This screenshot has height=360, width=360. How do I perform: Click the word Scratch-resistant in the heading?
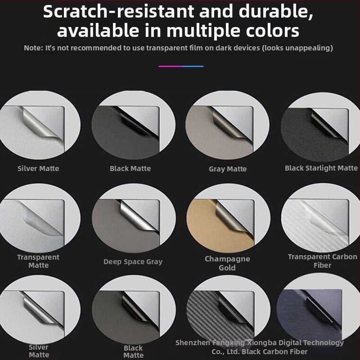click(x=118, y=12)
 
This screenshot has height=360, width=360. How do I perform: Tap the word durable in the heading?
click(x=276, y=12)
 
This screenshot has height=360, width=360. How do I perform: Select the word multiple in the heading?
click(x=204, y=31)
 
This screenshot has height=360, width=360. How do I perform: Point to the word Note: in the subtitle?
click(x=33, y=48)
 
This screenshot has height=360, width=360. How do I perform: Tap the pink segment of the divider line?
click(x=170, y=66)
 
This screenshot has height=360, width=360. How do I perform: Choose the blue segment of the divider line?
click(x=193, y=66)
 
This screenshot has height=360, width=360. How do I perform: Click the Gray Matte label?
click(x=228, y=169)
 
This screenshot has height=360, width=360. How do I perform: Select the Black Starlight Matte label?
click(x=321, y=168)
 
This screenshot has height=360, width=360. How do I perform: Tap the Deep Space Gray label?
click(x=133, y=262)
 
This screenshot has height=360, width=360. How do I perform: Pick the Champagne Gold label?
click(x=227, y=263)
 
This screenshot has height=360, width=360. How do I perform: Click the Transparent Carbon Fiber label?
click(x=322, y=261)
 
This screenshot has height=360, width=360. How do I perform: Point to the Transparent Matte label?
click(x=38, y=261)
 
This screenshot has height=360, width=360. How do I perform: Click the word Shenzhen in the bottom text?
click(x=193, y=343)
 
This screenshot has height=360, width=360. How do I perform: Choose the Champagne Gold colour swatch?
click(x=228, y=218)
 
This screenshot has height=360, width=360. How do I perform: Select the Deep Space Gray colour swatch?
click(x=134, y=218)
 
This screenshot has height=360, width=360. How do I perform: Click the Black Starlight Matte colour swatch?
click(x=320, y=127)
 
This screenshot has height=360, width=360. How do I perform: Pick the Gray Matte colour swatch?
click(x=227, y=125)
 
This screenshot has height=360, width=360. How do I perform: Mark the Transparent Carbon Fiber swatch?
click(x=320, y=218)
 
